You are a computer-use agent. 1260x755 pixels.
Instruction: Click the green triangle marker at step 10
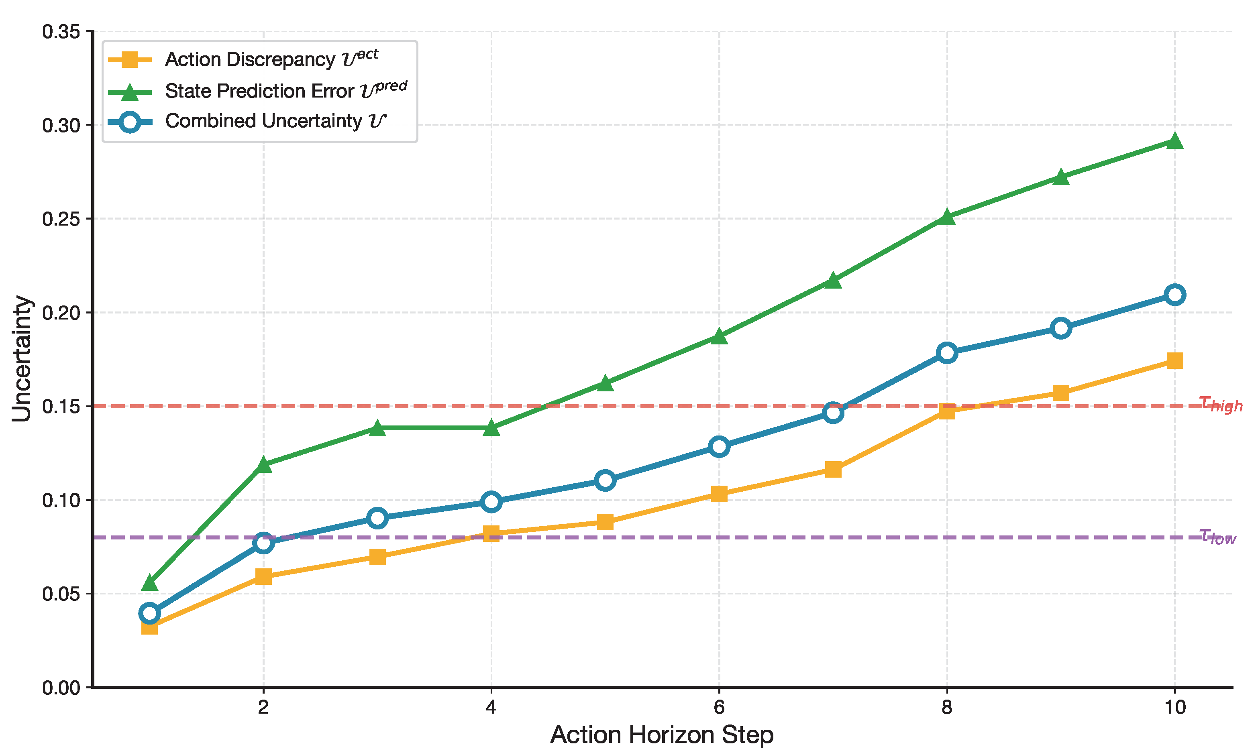point(1174,141)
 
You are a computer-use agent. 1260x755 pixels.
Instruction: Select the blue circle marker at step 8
point(946,352)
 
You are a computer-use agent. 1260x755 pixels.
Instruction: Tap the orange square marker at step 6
point(719,493)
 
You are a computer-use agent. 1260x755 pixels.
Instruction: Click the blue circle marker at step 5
point(605,480)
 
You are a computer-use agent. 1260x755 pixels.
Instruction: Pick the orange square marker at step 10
point(1174,361)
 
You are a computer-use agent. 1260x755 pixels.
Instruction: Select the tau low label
point(1217,536)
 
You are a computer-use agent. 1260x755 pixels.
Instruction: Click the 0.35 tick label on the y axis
point(61,32)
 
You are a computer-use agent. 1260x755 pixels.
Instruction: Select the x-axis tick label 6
point(719,707)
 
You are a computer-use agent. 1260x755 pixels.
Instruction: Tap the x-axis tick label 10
point(1174,707)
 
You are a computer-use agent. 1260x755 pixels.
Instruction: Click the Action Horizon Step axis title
point(662,735)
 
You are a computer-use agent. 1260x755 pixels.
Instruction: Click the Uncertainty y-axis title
point(22,359)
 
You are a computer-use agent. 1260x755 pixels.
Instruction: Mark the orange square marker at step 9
point(1060,392)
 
